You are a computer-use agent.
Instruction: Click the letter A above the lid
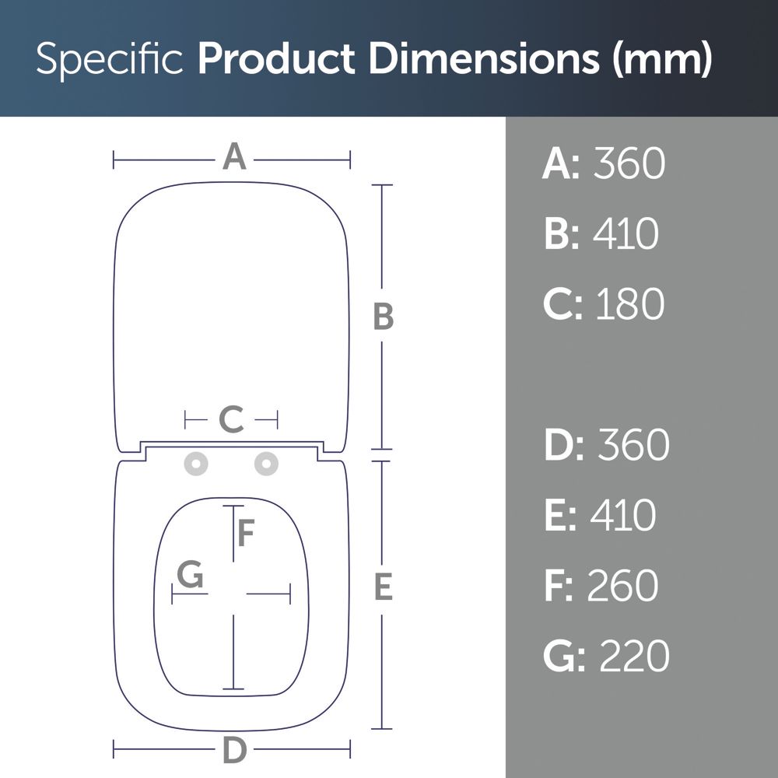pyautogui.click(x=234, y=156)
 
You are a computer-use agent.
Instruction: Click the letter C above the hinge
pyautogui.click(x=231, y=419)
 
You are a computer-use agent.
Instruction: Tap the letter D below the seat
pyautogui.click(x=235, y=749)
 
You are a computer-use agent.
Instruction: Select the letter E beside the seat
pyautogui.click(x=384, y=586)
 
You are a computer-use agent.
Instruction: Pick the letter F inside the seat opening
pyautogui.click(x=246, y=532)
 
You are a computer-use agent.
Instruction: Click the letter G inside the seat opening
pyautogui.click(x=190, y=574)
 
